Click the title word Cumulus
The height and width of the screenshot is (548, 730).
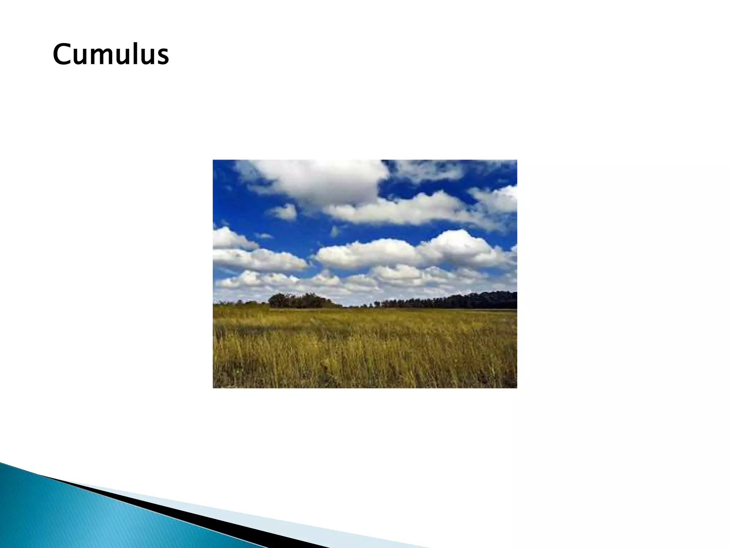pyautogui.click(x=110, y=54)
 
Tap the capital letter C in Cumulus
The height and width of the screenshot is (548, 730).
pyautogui.click(x=62, y=54)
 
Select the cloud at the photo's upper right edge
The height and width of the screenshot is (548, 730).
pyautogui.click(x=499, y=198)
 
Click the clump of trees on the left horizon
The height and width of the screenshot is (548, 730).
pyautogui.click(x=299, y=300)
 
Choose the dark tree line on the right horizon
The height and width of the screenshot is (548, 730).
pyautogui.click(x=463, y=300)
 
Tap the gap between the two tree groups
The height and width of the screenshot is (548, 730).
pyautogui.click(x=353, y=304)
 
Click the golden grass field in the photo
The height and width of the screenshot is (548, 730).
pyautogui.click(x=364, y=350)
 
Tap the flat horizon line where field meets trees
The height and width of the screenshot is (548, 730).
pyautogui.click(x=392, y=309)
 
